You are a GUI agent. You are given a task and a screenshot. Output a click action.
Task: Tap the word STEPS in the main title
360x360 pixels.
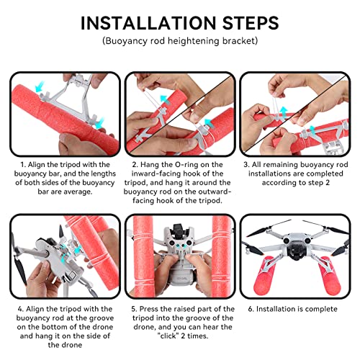pos(251,23)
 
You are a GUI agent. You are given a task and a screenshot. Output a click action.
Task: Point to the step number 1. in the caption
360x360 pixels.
pos(23,165)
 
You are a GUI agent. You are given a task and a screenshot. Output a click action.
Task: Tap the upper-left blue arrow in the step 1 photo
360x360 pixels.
pos(40,87)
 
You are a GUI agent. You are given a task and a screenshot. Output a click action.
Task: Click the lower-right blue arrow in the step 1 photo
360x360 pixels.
pos(99,123)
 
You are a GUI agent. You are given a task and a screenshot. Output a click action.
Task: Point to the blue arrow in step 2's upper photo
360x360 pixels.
pos(165,99)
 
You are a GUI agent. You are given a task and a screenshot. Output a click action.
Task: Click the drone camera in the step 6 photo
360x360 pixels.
pos(294,252)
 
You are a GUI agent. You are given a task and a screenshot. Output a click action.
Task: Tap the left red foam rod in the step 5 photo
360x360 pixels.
pos(143,256)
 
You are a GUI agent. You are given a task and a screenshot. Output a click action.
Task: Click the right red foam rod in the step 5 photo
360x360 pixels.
pos(222,256)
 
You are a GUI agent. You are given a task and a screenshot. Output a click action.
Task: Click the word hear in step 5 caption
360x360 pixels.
pos(215,327)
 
